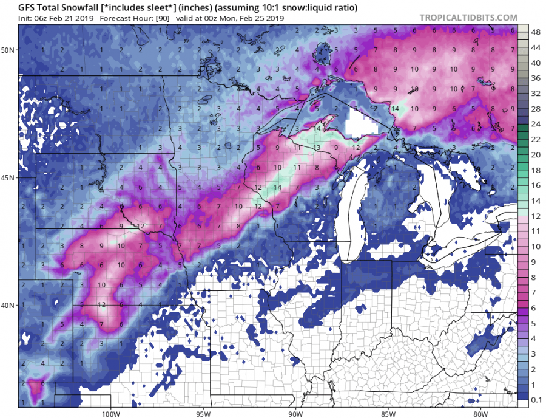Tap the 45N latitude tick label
coord(8,178)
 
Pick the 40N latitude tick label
coord(8,305)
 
